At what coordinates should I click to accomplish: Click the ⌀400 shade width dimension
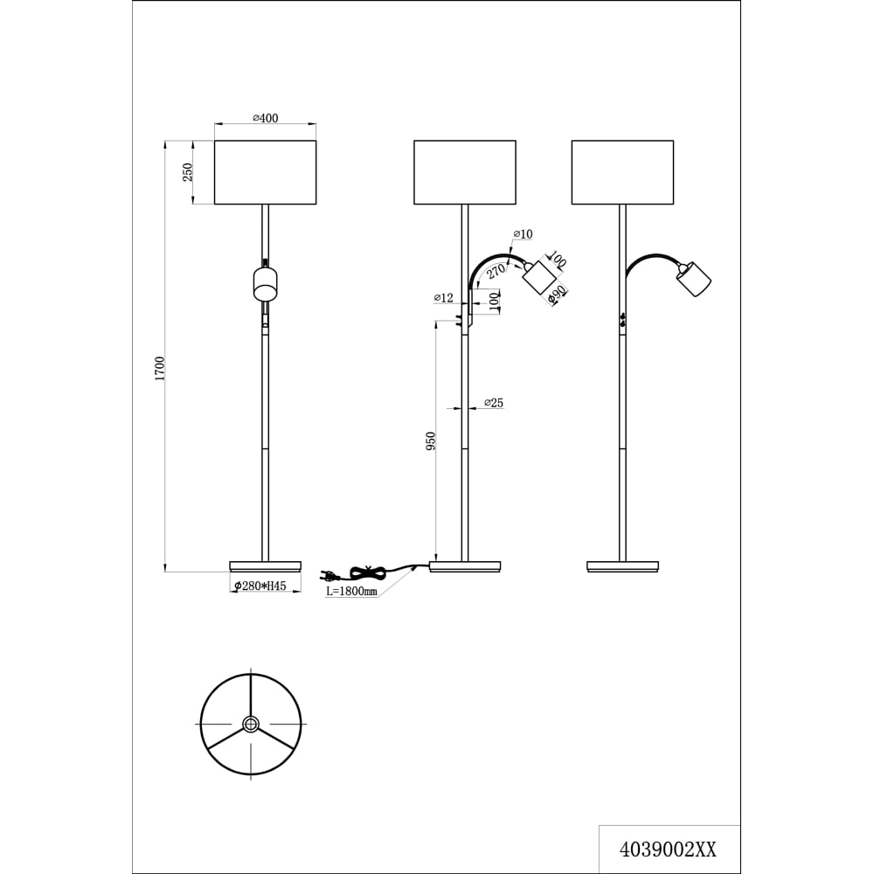(x=266, y=118)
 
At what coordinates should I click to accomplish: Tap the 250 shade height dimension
(x=188, y=171)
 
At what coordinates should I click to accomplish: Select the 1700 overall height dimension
(x=160, y=369)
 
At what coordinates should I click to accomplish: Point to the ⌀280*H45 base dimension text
(x=260, y=586)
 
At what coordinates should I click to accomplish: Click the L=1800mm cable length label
(x=351, y=591)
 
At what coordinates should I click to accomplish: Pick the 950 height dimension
(x=430, y=440)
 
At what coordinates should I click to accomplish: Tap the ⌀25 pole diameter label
(x=494, y=402)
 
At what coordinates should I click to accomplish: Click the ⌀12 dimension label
(x=444, y=298)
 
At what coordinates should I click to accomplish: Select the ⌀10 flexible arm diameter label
(x=523, y=234)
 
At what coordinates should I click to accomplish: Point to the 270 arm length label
(x=496, y=272)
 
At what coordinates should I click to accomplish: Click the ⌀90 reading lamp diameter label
(x=558, y=295)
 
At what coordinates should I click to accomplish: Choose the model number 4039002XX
(x=668, y=850)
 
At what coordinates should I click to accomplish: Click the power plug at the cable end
(x=329, y=575)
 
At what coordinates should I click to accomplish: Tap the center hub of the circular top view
(x=251, y=725)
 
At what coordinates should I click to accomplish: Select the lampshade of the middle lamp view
(x=465, y=172)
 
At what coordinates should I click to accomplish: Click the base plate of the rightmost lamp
(x=622, y=566)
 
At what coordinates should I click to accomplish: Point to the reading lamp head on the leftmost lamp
(x=266, y=284)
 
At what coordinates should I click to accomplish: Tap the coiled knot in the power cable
(x=368, y=572)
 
